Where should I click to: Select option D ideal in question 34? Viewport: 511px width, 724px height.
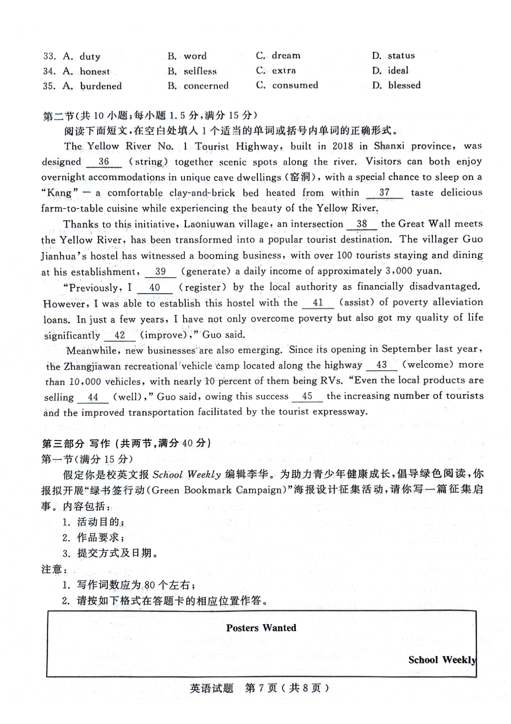[x=390, y=71]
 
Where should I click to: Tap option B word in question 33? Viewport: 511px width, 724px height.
[x=187, y=56]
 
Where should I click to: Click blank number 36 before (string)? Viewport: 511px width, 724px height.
[x=104, y=162]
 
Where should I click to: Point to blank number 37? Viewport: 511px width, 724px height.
[x=384, y=193]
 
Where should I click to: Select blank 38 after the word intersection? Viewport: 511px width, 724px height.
[x=362, y=224]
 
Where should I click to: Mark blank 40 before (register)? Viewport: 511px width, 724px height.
[x=155, y=288]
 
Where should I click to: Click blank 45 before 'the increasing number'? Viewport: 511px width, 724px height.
[x=307, y=396]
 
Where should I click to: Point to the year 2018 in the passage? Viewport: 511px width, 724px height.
[x=343, y=146]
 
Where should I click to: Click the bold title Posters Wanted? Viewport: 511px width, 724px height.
[x=261, y=628]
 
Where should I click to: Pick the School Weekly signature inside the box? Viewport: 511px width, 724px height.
[x=442, y=660]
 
